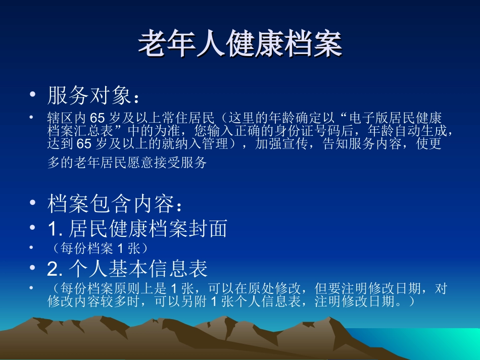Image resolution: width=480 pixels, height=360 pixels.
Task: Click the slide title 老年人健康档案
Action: tap(240, 43)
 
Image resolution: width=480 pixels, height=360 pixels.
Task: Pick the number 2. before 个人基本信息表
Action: tap(54, 269)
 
